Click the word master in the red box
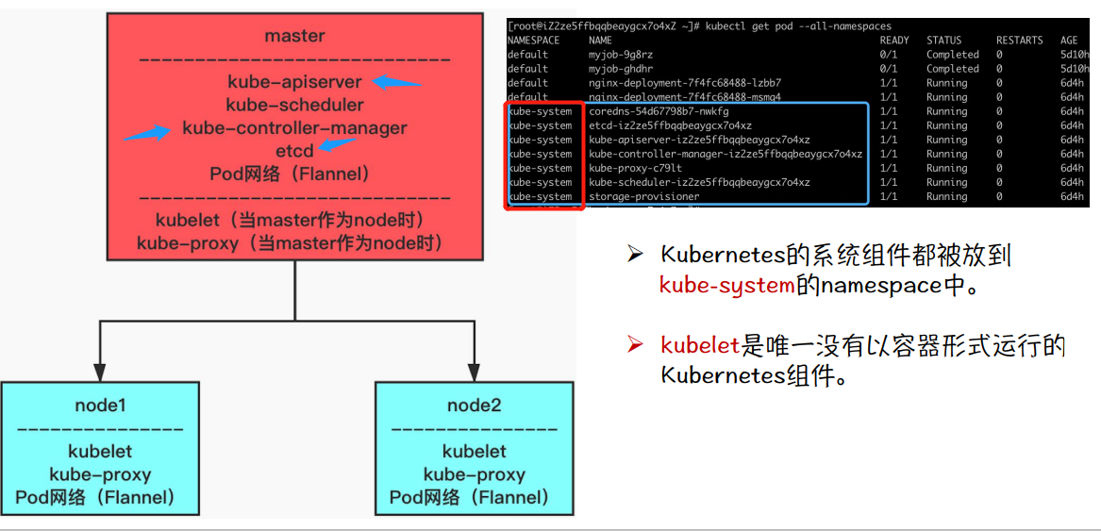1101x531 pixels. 294,36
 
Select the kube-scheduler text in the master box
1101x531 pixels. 294,105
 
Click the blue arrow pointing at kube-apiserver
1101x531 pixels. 396,82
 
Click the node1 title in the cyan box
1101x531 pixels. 100,406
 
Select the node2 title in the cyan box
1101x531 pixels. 474,406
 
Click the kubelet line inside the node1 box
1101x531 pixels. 100,452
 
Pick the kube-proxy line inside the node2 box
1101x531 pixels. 474,474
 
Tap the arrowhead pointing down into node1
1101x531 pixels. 100,372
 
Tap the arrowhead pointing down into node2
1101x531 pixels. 474,372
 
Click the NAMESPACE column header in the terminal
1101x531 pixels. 533,41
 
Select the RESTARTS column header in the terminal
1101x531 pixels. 1019,41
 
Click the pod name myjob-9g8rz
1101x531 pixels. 621,55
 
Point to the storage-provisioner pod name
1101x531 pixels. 644,196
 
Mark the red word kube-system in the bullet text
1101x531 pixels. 726,285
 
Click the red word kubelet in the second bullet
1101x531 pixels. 700,346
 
